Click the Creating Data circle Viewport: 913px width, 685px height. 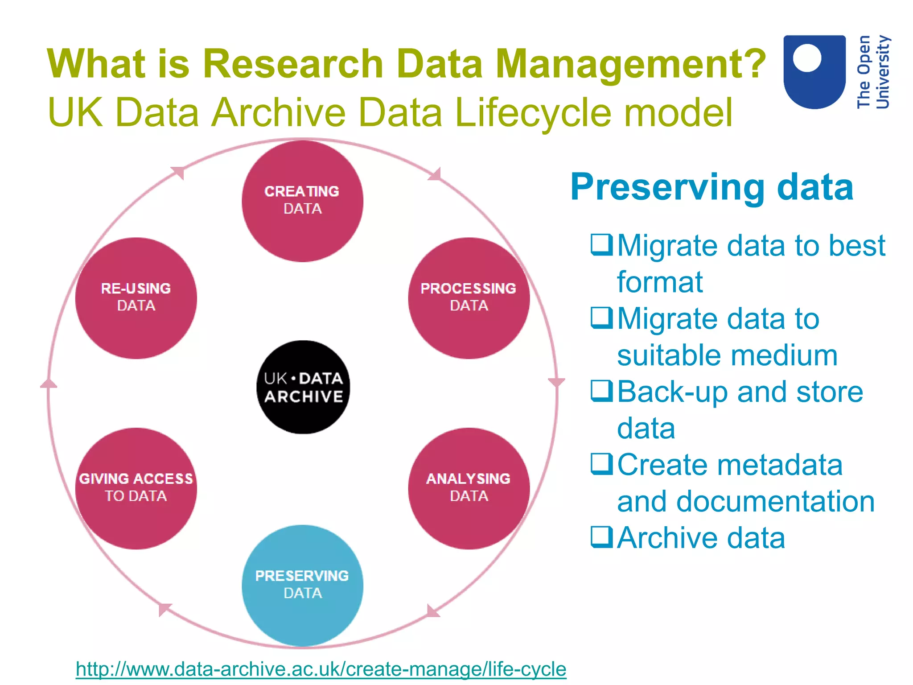[302, 201]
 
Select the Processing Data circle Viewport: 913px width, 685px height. [469, 298]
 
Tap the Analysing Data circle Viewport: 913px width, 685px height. [469, 488]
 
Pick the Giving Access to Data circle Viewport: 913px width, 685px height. [136, 488]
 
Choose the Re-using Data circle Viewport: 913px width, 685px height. [136, 298]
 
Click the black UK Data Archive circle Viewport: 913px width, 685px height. [303, 387]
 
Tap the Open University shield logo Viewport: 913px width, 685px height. [814, 71]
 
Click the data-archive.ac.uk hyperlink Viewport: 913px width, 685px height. [321, 669]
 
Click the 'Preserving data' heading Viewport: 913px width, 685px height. [712, 187]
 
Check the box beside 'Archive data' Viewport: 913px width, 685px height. [601, 537]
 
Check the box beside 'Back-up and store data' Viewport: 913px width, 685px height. [601, 391]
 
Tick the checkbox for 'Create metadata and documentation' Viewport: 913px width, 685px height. [601, 464]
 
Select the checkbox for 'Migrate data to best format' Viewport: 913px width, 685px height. [601, 245]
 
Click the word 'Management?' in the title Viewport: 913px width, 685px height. [630, 65]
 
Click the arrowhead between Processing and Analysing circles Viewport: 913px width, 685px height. [556, 383]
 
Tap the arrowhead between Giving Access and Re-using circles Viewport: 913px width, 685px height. [49, 384]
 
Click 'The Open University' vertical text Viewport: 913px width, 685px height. [873, 72]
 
